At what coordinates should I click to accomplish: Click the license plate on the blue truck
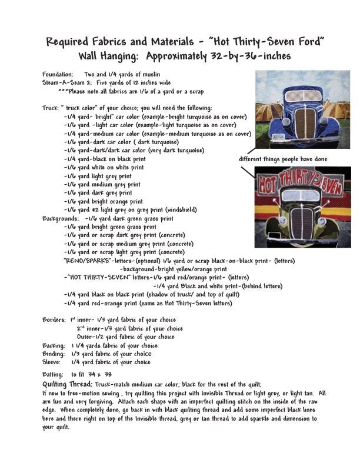[x=277, y=136]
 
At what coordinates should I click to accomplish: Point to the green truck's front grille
[x=302, y=223]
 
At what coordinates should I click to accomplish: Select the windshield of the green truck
[x=302, y=195]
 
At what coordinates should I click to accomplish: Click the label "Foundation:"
[x=58, y=75]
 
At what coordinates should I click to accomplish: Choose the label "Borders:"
[x=54, y=320]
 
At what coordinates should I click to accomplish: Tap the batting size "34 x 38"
[x=100, y=374]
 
